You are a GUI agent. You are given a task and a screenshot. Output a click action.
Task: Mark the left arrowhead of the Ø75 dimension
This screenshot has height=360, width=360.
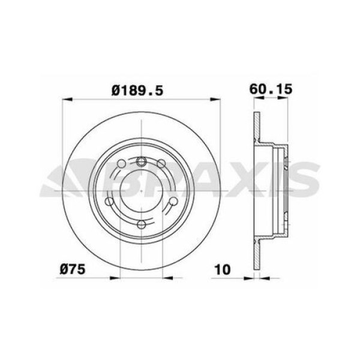(115, 278)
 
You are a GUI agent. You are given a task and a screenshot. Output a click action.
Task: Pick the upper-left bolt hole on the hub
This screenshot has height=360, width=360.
(121, 164)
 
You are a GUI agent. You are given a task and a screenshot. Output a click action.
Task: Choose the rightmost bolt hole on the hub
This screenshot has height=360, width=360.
(170, 203)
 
